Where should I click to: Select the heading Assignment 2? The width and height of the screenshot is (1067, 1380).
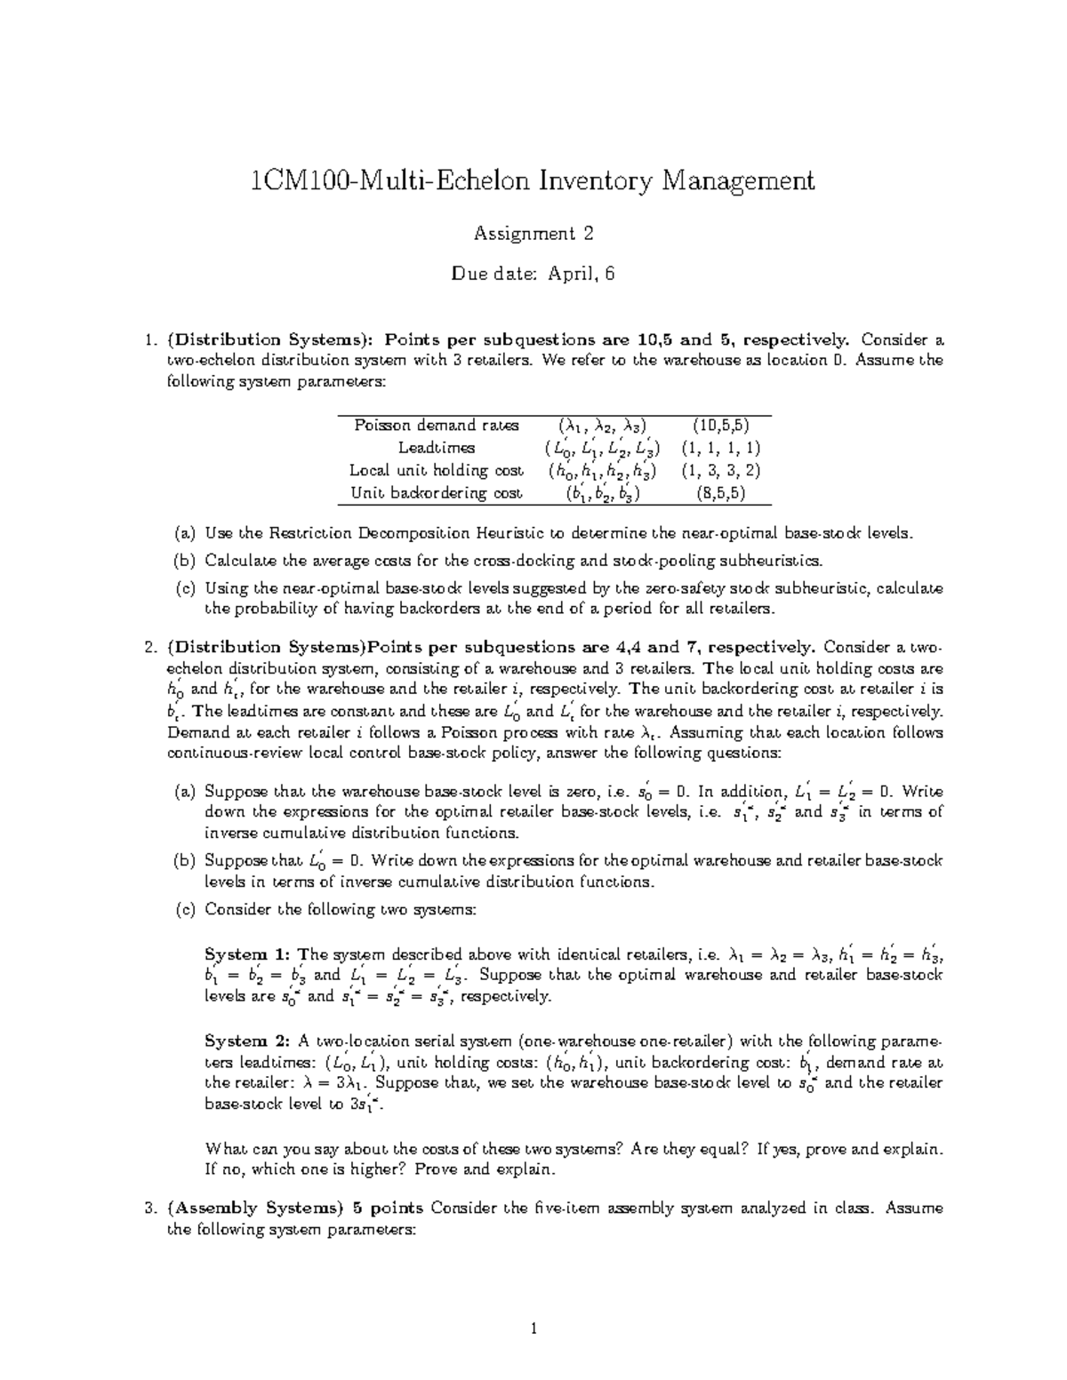[x=533, y=234]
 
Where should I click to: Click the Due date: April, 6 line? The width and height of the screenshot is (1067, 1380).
[x=533, y=275]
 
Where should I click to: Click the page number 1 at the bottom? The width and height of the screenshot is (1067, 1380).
[x=533, y=1329]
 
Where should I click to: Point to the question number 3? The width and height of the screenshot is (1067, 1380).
[x=148, y=1208]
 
